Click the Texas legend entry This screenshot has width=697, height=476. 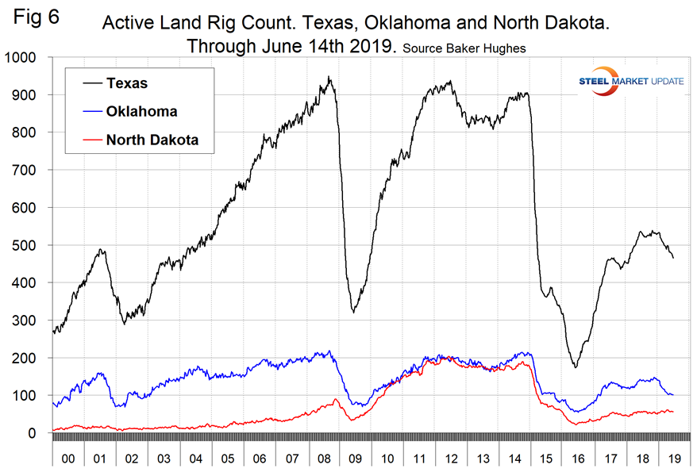pyautogui.click(x=127, y=83)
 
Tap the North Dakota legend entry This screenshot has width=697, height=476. pyautogui.click(x=152, y=140)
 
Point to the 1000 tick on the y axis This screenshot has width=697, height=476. pyautogui.click(x=23, y=58)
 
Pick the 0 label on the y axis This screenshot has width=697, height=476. pyautogui.click(x=40, y=433)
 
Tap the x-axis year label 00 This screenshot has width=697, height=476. pyautogui.click(x=68, y=459)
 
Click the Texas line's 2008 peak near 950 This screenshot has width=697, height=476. pyautogui.click(x=329, y=77)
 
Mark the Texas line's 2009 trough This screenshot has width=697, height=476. pyautogui.click(x=352, y=311)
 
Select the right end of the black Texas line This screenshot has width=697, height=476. pyautogui.click(x=673, y=258)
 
